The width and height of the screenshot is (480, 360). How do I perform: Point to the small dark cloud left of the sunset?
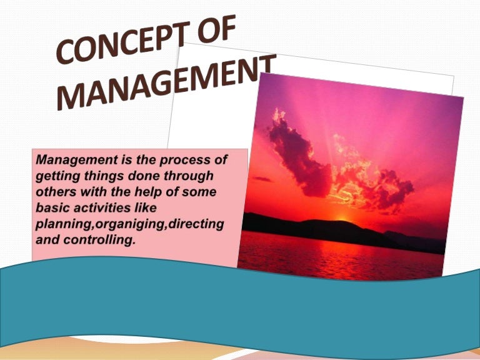(262, 179)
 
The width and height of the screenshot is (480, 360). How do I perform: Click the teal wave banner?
(250, 306)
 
